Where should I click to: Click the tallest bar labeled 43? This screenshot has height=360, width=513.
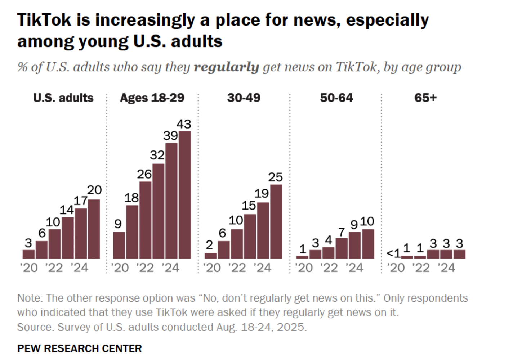[185, 195]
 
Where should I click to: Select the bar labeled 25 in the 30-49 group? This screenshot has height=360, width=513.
[276, 221]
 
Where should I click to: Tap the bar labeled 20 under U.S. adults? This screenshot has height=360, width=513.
[94, 229]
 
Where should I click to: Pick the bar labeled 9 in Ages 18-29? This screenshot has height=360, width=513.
[119, 245]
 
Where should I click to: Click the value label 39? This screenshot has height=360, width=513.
[170, 136]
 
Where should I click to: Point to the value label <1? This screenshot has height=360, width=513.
[393, 253]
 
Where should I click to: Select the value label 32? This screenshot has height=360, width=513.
[157, 155]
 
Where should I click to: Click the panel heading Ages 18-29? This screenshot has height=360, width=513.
[152, 98]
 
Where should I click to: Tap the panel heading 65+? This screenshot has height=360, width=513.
[425, 98]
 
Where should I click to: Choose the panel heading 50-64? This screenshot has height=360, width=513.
[336, 98]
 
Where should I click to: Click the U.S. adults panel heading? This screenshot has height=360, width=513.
[63, 98]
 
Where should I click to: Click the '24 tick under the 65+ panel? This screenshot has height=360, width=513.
[446, 268]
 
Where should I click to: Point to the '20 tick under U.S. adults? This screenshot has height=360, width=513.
[29, 268]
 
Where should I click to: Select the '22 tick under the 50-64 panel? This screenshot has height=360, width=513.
[329, 268]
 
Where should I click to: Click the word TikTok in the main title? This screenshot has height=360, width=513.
[44, 20]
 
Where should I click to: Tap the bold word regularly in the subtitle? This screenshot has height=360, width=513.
[226, 67]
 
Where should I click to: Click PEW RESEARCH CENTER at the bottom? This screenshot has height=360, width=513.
[80, 348]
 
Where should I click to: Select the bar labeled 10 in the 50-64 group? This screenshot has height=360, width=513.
[368, 244]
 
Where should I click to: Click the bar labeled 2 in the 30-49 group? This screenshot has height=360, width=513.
[211, 256]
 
